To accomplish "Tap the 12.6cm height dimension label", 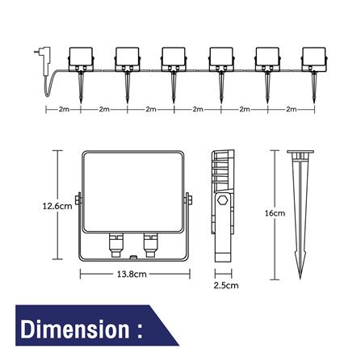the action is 57,207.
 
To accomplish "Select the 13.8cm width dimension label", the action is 132,274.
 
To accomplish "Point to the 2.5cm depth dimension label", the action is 226,285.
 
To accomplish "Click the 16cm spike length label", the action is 275,213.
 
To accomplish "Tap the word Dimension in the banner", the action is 75,329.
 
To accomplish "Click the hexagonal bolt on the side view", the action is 223,201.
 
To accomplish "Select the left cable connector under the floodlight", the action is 116,245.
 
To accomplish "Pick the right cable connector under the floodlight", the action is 150,245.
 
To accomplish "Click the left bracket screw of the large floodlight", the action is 78,199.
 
